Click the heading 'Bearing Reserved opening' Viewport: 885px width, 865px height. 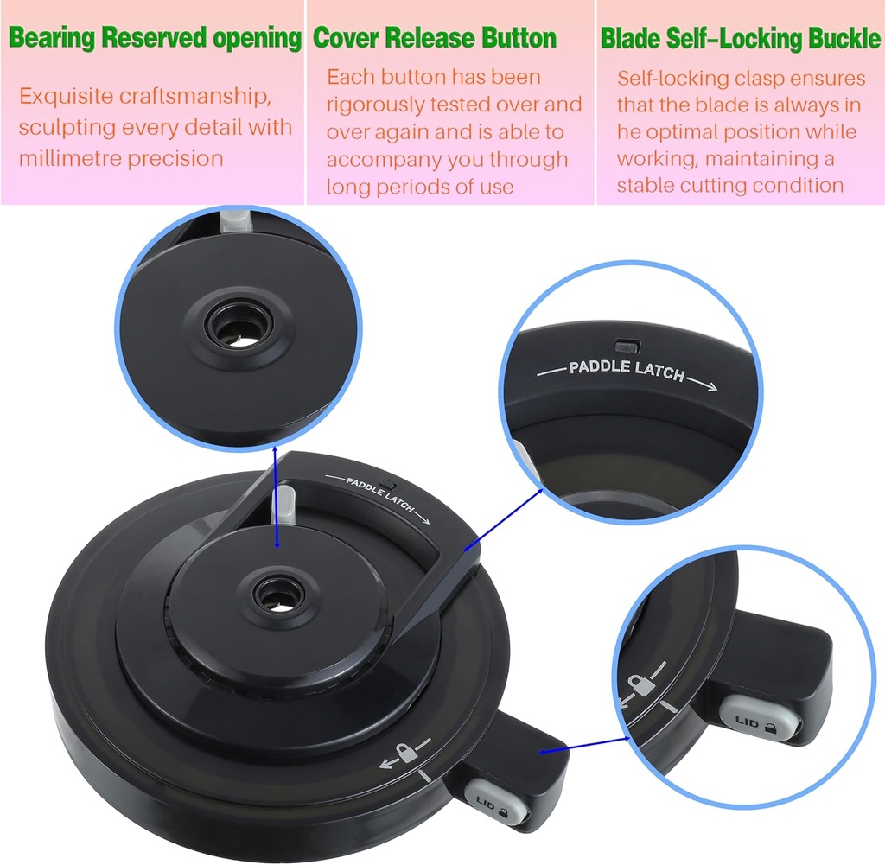155,39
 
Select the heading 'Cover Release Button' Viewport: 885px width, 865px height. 434,39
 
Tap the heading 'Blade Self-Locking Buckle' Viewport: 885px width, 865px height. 740,39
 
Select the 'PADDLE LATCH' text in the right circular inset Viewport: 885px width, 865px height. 627,372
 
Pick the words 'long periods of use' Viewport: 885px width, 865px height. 420,186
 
